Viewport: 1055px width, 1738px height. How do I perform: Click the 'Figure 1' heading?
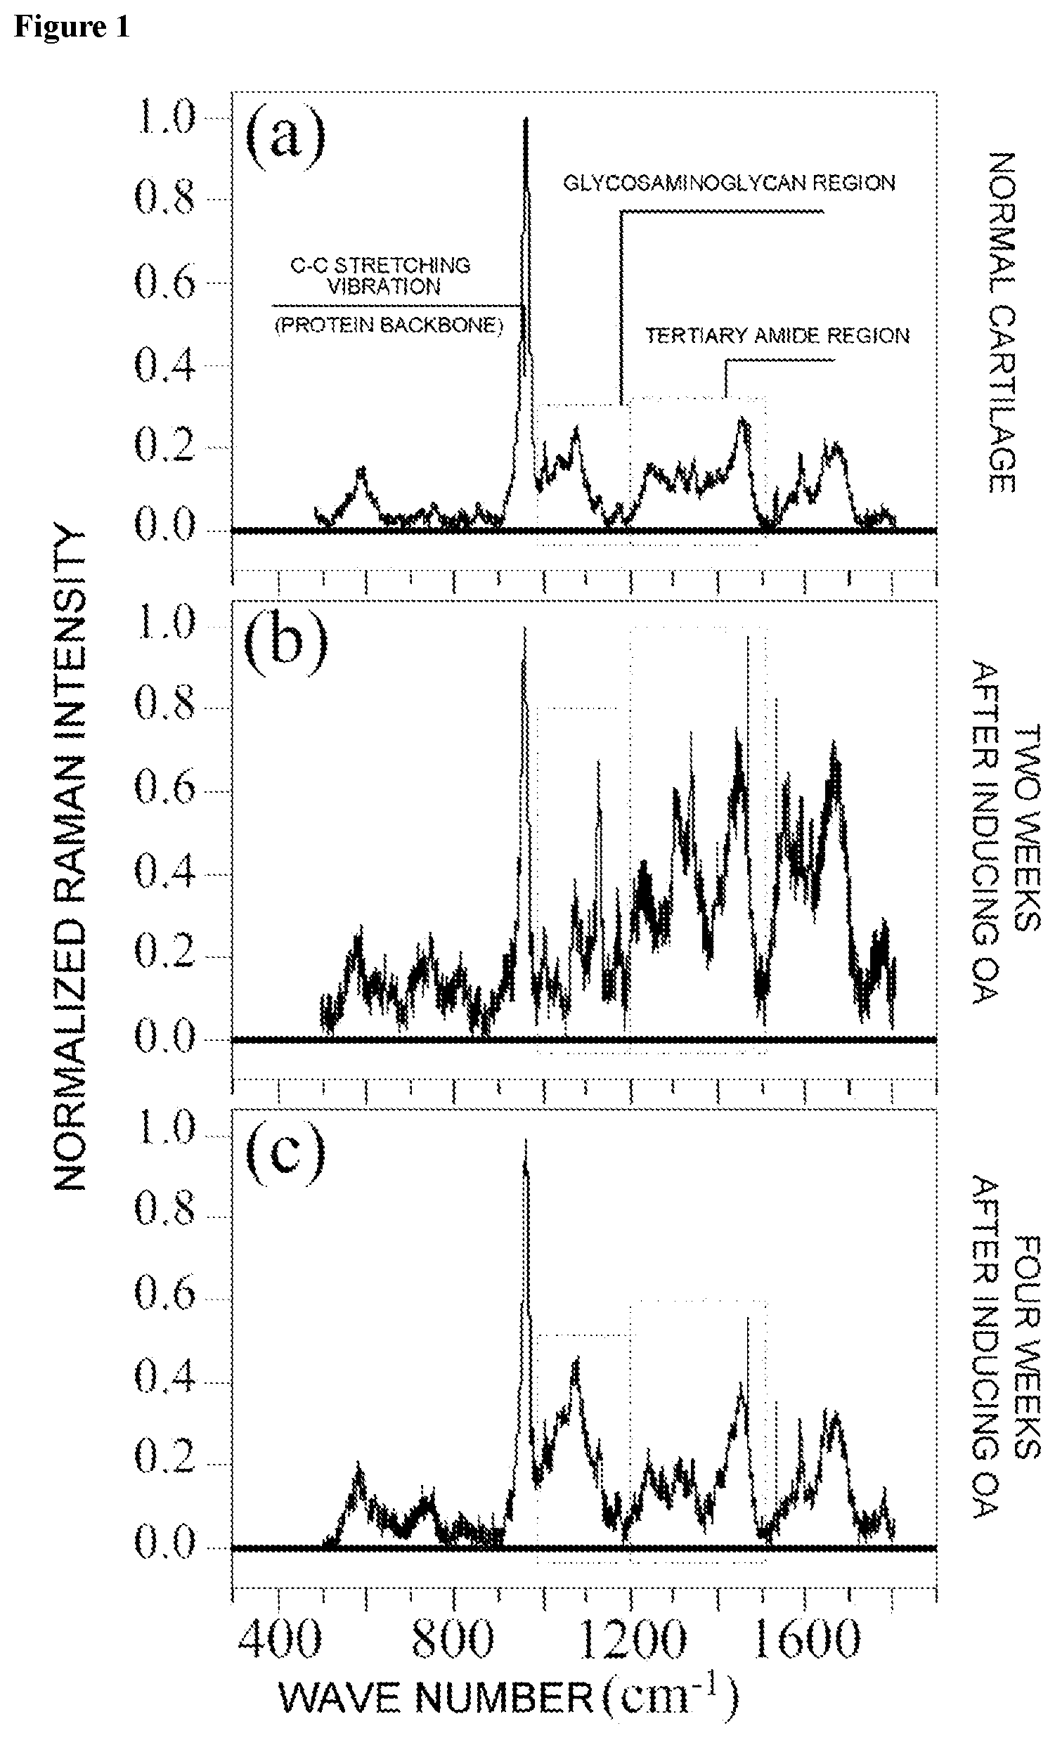tap(72, 27)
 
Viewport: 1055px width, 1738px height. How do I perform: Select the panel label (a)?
tap(285, 138)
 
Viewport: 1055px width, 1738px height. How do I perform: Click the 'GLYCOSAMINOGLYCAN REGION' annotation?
tap(729, 183)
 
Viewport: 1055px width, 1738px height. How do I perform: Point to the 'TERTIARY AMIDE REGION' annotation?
tap(778, 335)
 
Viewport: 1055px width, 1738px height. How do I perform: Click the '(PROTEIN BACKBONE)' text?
tap(389, 327)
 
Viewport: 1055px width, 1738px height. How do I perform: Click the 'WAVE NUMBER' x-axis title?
tap(436, 1697)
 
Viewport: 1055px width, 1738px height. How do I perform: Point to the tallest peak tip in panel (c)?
tap(524, 1139)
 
